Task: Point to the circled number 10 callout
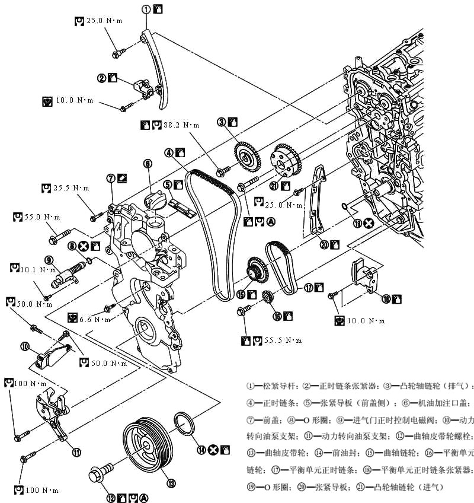(25, 345)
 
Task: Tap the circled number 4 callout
(169, 152)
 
